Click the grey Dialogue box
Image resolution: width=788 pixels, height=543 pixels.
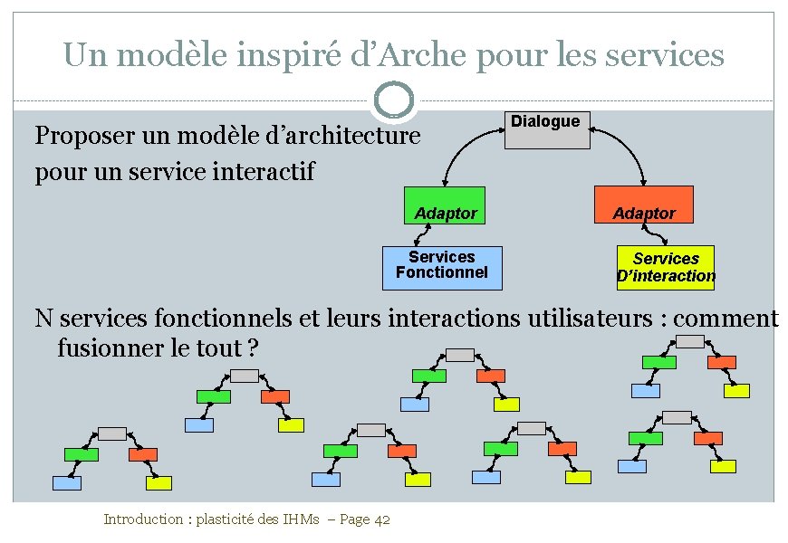[x=546, y=129]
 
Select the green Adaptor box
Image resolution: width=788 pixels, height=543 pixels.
[x=444, y=205]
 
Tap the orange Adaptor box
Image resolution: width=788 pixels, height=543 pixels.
[x=643, y=205]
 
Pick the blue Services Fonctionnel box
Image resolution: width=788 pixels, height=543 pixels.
[x=441, y=268]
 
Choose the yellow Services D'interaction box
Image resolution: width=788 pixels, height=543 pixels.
[x=666, y=268]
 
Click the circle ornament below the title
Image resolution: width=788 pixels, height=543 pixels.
[x=394, y=100]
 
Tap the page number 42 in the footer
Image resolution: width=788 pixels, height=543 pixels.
[x=381, y=519]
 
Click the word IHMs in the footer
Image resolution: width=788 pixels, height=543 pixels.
[x=299, y=519]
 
